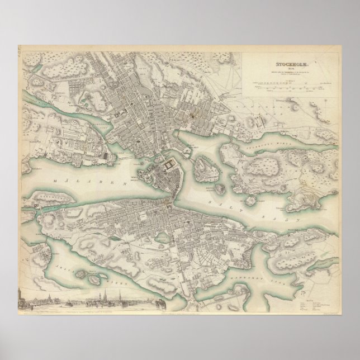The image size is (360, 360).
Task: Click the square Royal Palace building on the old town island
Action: pyautogui.click(x=168, y=167)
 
